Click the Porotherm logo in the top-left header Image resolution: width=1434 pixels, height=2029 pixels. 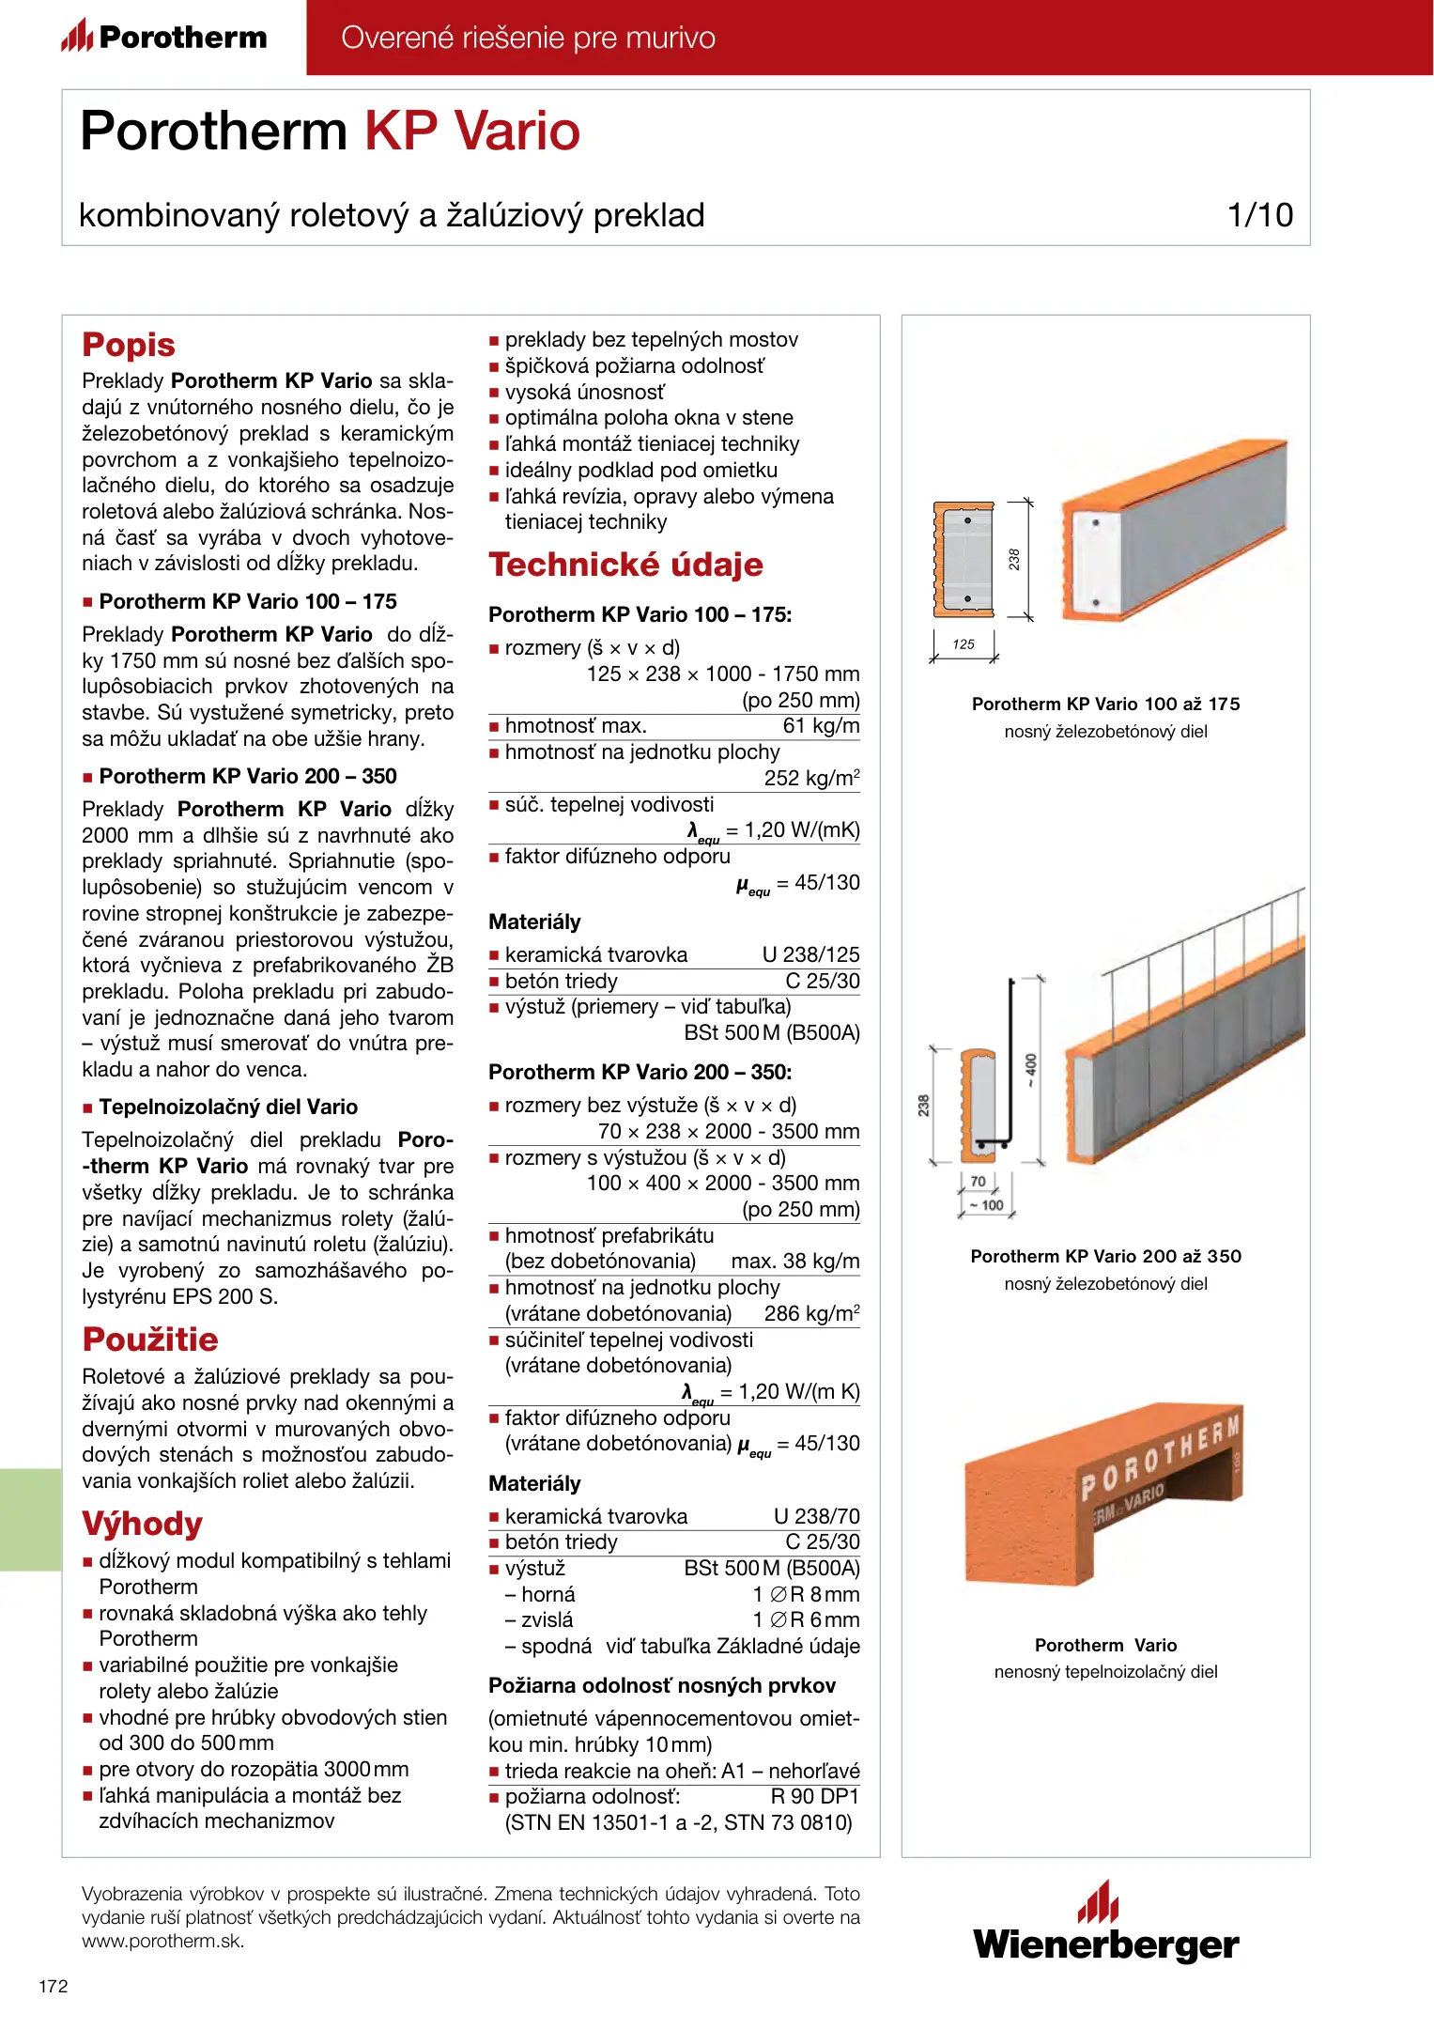pyautogui.click(x=165, y=37)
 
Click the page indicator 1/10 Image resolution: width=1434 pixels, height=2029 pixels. pyautogui.click(x=1260, y=215)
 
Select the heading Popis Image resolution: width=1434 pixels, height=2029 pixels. pyautogui.click(x=129, y=345)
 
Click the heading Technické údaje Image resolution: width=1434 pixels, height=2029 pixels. pyautogui.click(x=625, y=565)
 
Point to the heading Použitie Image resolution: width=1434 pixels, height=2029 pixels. pyautogui.click(x=150, y=1340)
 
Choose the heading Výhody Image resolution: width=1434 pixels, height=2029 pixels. pyautogui.click(x=142, y=1524)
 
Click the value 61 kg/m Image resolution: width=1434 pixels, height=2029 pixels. pyautogui.click(x=821, y=726)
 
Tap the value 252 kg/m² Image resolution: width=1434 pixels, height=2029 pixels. pyautogui.click(x=811, y=779)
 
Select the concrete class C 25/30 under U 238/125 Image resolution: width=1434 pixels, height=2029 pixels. pyautogui.click(x=822, y=982)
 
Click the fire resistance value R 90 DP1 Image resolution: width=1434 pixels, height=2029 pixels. pyautogui.click(x=814, y=1797)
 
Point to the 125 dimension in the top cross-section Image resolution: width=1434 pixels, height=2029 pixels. pyautogui.click(x=964, y=644)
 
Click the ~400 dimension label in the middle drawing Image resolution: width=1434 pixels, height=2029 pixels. pyautogui.click(x=1031, y=1070)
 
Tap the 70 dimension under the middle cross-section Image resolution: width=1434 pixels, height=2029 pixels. pyautogui.click(x=978, y=1182)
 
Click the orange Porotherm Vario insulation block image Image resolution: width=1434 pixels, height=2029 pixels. pyautogui.click(x=1102, y=1494)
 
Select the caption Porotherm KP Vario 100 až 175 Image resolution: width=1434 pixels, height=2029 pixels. pyautogui.click(x=1105, y=705)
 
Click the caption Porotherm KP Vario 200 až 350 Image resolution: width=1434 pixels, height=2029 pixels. pyautogui.click(x=1105, y=1257)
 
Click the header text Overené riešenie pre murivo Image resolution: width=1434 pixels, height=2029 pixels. pyautogui.click(x=528, y=38)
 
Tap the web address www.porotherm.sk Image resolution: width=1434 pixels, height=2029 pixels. pyautogui.click(x=162, y=1942)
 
